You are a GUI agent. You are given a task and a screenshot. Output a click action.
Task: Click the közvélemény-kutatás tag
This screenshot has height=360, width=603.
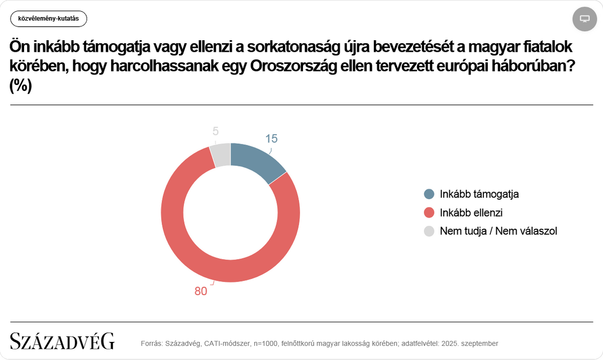coord(49,19)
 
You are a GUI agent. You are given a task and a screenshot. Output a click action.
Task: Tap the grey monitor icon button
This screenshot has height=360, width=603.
coord(584,19)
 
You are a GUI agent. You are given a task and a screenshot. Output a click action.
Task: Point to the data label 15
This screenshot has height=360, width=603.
coord(271,139)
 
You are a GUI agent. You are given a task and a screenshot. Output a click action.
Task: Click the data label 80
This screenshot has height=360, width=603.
coord(201,292)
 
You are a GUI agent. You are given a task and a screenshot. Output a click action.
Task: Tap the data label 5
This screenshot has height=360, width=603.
coord(216,131)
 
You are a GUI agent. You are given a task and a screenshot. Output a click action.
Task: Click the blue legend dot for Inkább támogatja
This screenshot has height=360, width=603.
coord(429,194)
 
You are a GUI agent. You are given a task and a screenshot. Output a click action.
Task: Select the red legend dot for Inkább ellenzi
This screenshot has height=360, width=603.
coord(429,213)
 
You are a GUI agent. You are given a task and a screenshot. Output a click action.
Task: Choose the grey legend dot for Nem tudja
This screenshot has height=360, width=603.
coord(429,231)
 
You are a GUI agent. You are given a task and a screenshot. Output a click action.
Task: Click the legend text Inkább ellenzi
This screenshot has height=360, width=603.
coord(471,213)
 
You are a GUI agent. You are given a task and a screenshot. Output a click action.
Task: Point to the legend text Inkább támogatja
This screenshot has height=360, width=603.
coord(479,194)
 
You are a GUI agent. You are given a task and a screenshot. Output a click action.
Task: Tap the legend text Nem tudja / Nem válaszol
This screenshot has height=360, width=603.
coord(498,231)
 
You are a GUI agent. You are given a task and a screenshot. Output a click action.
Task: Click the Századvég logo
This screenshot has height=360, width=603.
coord(62,341)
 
